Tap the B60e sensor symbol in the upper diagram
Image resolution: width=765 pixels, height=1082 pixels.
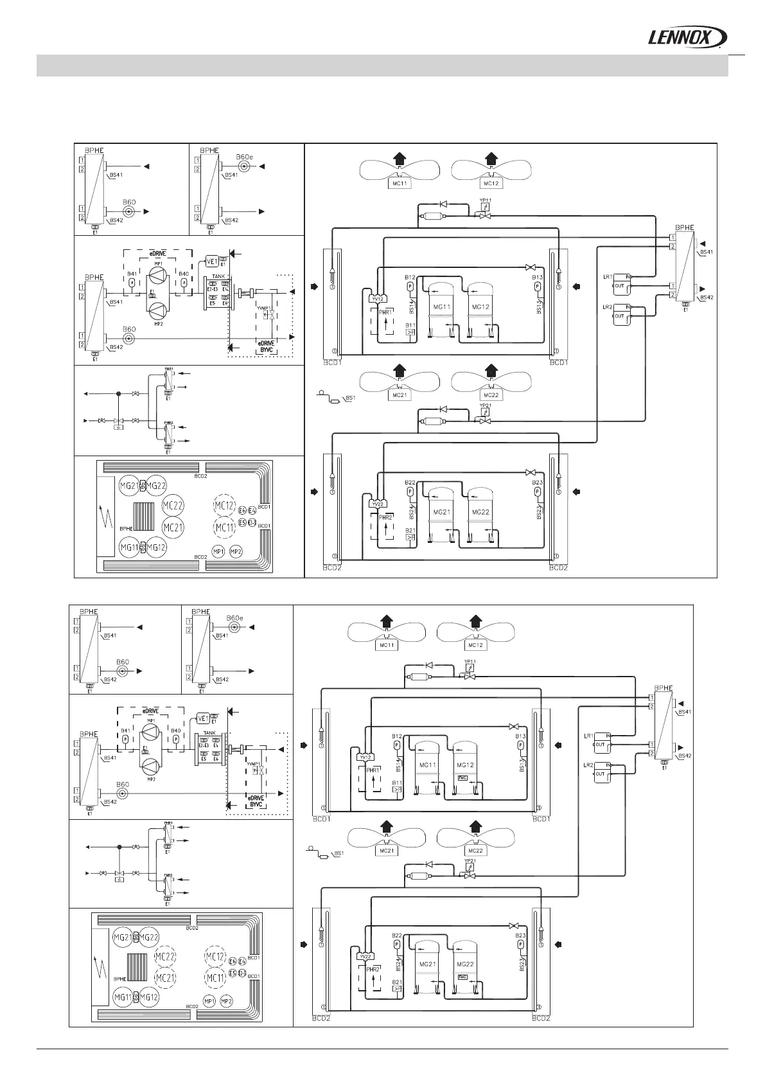(x=244, y=166)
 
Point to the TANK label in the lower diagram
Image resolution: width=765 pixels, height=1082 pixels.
(x=209, y=732)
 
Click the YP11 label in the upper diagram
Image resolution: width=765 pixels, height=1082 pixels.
(x=486, y=200)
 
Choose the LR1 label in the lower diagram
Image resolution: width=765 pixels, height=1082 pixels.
(x=588, y=736)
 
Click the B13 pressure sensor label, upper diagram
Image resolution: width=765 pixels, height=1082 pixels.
(x=538, y=277)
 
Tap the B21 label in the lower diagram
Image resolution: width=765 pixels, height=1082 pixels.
(x=397, y=982)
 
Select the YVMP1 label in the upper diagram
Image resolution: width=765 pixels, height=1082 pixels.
(x=262, y=308)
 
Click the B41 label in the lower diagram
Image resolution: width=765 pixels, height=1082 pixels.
(x=125, y=731)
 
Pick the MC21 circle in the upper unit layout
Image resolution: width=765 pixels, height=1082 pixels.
(x=173, y=527)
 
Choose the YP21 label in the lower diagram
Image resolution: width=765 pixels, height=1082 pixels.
(x=470, y=861)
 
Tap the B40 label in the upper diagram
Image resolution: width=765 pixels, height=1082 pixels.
(x=184, y=274)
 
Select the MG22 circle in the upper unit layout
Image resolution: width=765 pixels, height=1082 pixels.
(x=157, y=486)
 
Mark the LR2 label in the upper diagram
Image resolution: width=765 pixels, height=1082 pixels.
(x=607, y=307)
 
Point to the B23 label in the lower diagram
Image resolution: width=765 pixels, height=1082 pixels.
(x=521, y=936)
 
